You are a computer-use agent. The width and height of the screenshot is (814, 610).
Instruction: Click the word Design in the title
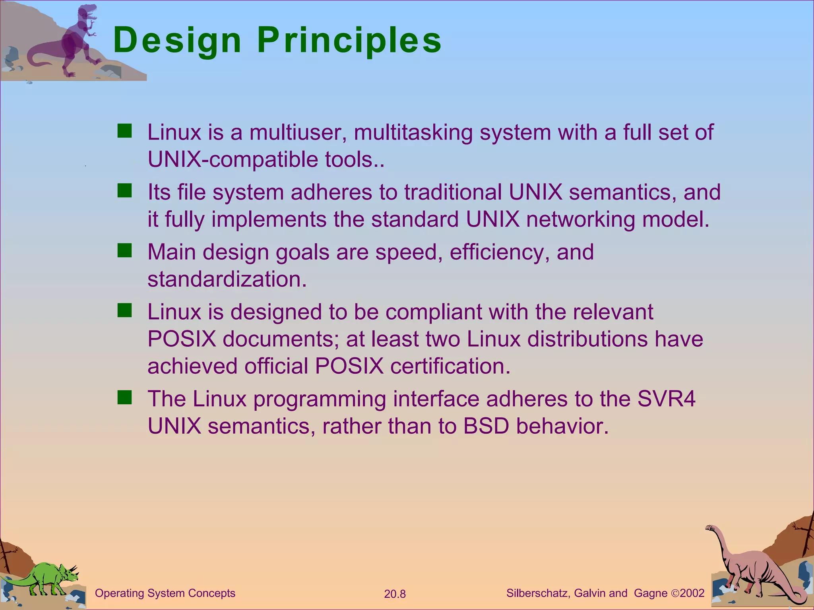point(177,41)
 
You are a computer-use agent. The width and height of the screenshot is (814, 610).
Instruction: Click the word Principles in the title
point(349,41)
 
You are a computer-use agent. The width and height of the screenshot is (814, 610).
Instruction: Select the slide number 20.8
point(395,594)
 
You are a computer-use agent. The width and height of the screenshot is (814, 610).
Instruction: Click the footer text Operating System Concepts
point(165,593)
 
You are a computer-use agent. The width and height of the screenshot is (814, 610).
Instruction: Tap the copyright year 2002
point(692,593)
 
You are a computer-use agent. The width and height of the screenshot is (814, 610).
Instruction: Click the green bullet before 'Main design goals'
point(124,251)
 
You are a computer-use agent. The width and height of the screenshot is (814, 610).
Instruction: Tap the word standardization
point(227,279)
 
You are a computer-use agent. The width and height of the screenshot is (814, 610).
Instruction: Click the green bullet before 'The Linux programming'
point(124,397)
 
